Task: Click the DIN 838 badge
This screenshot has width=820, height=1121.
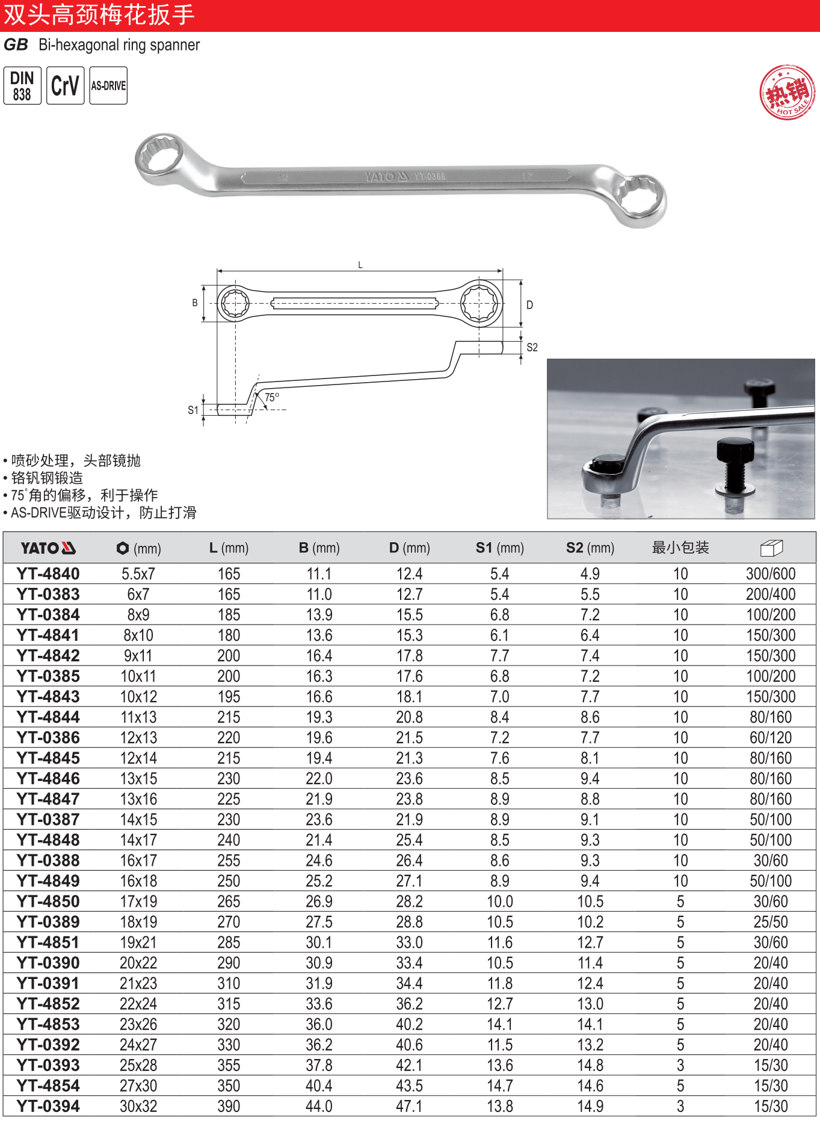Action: tap(22, 85)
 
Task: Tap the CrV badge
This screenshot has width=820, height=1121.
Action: tap(65, 85)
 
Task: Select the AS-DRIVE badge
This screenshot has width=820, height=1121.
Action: tap(108, 85)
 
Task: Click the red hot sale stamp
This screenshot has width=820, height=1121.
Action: tap(788, 93)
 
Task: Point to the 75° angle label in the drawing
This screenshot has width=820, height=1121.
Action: tap(272, 397)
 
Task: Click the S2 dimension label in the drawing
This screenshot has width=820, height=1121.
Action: tap(532, 347)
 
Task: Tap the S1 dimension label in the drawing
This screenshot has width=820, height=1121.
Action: tap(193, 410)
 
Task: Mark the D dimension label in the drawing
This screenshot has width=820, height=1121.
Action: tap(529, 305)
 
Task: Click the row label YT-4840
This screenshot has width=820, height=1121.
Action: tap(48, 574)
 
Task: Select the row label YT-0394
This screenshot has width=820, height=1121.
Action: tap(48, 1106)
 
